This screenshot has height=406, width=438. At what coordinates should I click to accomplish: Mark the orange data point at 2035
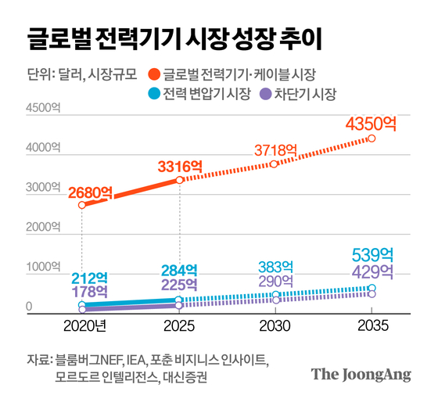pyautogui.click(x=372, y=138)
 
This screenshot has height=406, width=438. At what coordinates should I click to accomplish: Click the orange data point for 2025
pyautogui.click(x=179, y=180)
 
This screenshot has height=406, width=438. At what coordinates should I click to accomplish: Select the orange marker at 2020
pyautogui.click(x=82, y=205)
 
